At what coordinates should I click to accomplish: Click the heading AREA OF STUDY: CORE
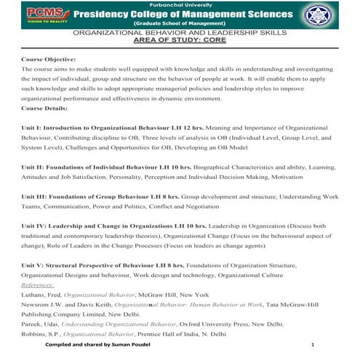pos(180,41)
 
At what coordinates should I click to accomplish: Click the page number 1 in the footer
pos(312,345)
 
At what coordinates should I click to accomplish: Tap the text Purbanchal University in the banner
pos(180,4)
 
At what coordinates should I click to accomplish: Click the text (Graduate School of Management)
pos(180,24)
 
